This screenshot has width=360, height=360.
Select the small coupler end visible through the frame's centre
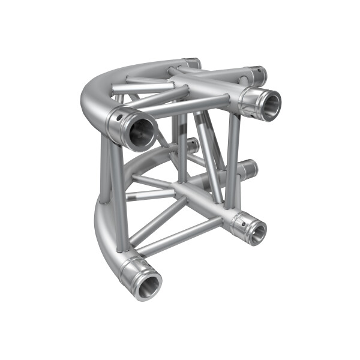192,145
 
